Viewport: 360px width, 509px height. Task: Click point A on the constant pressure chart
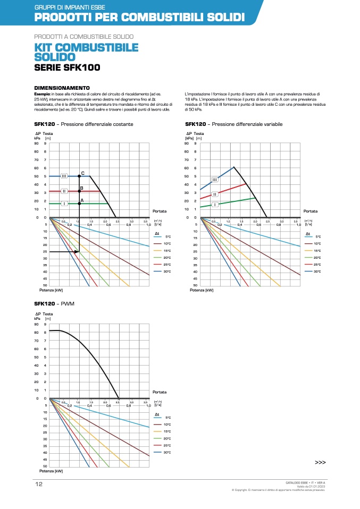coord(79,203)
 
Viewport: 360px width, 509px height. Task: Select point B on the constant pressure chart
coord(79,191)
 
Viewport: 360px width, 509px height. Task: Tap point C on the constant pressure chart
coord(79,175)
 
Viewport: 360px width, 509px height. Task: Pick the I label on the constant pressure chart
coord(64,203)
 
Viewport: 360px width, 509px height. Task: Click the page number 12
coord(39,484)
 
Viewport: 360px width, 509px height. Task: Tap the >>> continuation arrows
coord(320,462)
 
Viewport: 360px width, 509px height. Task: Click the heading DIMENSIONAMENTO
coord(62,87)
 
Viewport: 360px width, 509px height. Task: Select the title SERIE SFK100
coord(67,67)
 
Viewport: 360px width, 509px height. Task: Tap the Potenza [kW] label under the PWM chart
coord(51,471)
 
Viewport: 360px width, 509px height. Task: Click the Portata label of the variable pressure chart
coord(311,211)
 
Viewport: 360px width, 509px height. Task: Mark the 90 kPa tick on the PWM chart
coord(37,324)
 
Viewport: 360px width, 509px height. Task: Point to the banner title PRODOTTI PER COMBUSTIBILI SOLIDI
coord(139,17)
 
